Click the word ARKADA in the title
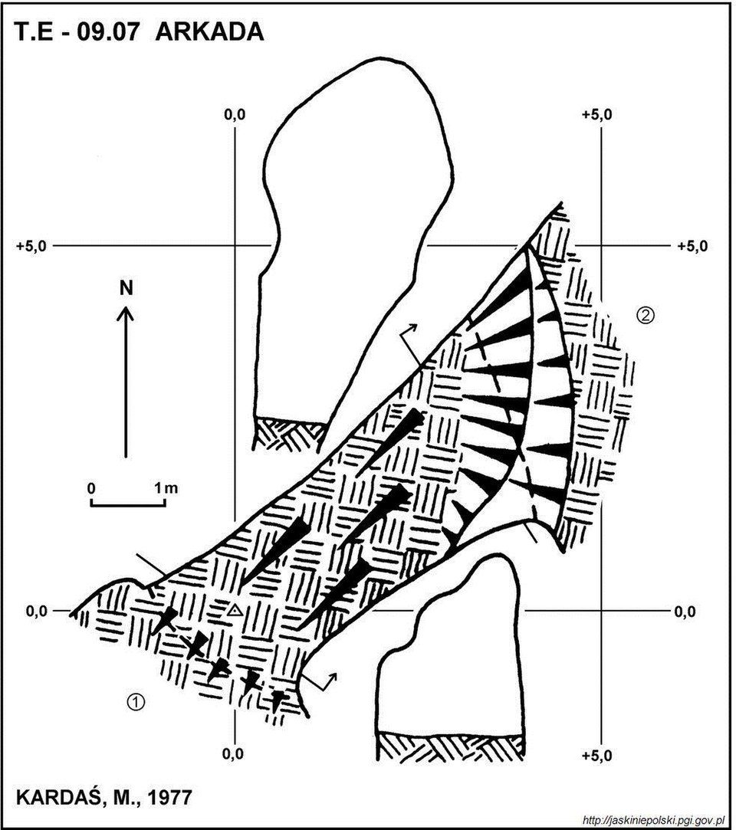[209, 31]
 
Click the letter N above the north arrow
[126, 288]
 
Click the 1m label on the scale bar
[166, 487]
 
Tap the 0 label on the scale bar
[91, 487]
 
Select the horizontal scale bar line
[128, 504]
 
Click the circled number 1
[136, 702]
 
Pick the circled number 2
[646, 316]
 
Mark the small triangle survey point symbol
[235, 611]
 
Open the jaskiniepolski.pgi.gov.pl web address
[653, 821]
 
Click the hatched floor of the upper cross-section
[289, 435]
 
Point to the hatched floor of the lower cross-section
[450, 748]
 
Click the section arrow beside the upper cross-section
[410, 344]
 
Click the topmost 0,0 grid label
[235, 114]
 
